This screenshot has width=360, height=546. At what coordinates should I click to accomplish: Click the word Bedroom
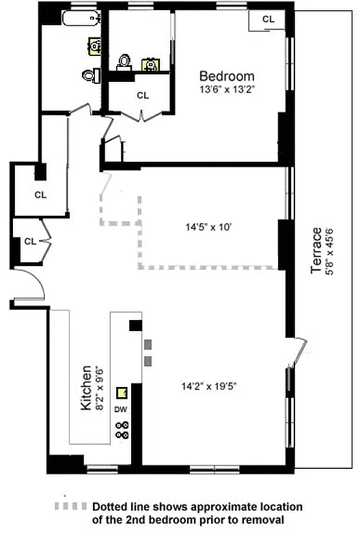point(227,76)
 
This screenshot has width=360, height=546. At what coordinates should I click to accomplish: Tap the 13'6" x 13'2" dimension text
point(227,89)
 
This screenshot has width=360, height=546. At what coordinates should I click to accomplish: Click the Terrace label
point(316,250)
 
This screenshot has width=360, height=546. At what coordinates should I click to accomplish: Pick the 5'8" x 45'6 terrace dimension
point(329,250)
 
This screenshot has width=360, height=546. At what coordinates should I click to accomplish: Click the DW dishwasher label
point(121,409)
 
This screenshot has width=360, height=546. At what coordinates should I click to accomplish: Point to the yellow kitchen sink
point(122,393)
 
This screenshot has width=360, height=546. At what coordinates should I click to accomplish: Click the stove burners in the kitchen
point(123,430)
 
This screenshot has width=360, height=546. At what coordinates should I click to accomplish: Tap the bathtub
point(79,18)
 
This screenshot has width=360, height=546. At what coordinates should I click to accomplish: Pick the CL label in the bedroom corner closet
point(268,19)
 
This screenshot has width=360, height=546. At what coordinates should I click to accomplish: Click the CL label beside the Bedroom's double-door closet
point(143,96)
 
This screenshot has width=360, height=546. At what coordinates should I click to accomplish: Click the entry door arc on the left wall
point(31,285)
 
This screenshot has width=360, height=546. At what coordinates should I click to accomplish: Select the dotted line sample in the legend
point(71,508)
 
